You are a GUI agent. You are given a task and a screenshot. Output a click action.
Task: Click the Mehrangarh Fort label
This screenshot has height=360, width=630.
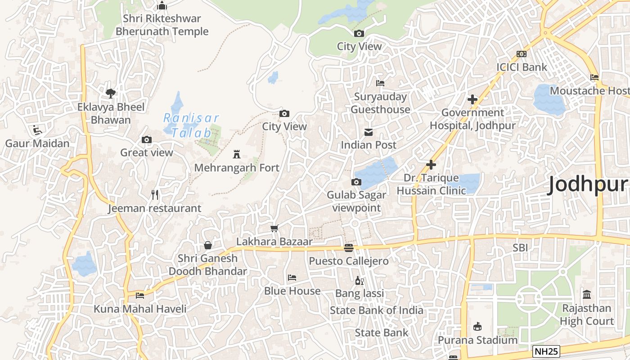237,168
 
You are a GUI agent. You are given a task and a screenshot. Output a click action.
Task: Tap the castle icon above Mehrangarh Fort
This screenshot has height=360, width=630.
236,155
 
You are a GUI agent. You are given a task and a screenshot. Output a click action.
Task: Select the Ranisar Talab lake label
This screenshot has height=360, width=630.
190,126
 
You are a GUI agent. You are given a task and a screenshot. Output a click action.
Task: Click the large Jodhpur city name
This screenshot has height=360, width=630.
587,185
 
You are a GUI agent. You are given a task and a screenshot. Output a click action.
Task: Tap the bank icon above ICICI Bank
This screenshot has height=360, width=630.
522,54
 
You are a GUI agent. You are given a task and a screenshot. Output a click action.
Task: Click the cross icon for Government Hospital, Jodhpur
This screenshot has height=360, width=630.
472,99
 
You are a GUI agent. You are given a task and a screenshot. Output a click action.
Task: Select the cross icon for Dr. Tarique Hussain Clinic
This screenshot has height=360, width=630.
431,165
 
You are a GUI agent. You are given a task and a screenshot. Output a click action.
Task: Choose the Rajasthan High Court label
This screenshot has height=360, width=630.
587,315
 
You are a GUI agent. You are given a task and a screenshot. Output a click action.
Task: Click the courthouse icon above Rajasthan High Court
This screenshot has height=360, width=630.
587,295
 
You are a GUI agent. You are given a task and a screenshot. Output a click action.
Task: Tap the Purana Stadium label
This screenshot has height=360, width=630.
477,340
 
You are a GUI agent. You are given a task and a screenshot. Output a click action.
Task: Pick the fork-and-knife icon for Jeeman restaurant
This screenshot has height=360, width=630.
155,195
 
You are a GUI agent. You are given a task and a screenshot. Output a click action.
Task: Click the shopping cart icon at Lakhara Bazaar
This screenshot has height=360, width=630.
274,229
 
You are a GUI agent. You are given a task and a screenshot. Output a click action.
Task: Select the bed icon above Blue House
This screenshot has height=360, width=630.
292,278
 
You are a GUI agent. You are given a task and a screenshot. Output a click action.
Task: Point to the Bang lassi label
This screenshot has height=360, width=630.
360,294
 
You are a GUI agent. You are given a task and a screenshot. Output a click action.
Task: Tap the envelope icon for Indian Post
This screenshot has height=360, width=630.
369,132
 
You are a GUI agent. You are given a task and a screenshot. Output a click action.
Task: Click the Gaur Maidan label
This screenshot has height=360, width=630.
37,144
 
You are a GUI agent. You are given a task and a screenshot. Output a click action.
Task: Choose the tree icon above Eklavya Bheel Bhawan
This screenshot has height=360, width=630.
111,94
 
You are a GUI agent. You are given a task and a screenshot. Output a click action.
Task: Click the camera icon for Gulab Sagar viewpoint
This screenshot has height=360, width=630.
356,182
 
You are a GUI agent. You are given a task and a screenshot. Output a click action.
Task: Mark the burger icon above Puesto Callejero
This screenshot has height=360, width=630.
349,247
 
